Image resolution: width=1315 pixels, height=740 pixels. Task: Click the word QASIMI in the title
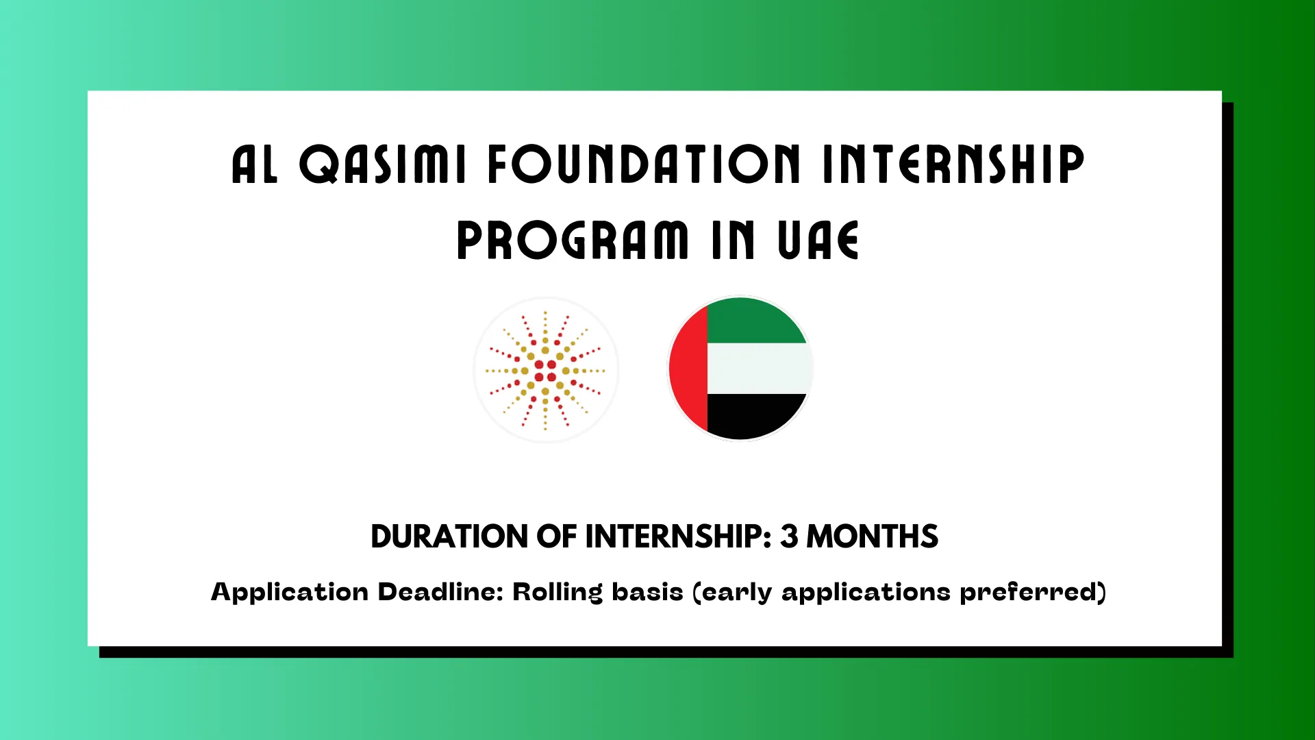click(383, 164)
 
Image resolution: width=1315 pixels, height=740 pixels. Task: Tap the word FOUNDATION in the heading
click(644, 164)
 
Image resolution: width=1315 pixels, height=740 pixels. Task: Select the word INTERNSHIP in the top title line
click(953, 164)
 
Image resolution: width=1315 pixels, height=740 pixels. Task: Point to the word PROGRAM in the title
click(573, 241)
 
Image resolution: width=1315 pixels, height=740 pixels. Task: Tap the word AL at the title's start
click(255, 164)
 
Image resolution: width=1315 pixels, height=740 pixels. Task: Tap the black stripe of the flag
click(755, 415)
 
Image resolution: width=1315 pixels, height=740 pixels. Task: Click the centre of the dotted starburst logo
click(545, 371)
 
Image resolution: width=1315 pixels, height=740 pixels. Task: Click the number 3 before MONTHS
click(789, 536)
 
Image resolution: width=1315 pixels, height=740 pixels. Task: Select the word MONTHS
click(872, 536)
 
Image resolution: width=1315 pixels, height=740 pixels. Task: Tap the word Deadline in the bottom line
click(440, 592)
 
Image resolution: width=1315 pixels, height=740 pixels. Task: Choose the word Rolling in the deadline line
click(558, 592)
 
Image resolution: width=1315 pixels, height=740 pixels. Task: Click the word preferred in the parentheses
click(1032, 592)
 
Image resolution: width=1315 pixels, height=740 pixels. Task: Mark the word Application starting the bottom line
click(290, 592)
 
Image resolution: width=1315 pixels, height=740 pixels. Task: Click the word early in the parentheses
click(737, 592)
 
